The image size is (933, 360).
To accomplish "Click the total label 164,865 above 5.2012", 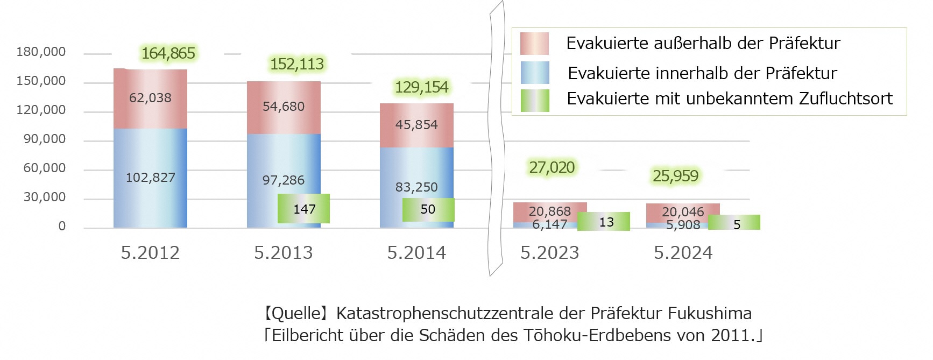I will (x=168, y=53).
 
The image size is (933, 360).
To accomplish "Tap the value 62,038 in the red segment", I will (x=150, y=98).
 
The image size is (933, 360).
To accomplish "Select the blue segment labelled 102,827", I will (x=150, y=178).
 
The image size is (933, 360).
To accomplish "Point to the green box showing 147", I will (x=304, y=209).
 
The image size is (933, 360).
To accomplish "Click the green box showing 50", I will (x=428, y=209).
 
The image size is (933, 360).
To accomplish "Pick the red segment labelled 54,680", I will (x=284, y=107).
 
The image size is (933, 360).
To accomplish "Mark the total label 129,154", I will (x=421, y=87).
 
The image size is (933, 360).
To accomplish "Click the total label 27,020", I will (x=552, y=168).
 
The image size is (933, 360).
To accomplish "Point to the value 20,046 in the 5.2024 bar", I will (x=682, y=212).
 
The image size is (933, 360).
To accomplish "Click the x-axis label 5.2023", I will (x=549, y=253).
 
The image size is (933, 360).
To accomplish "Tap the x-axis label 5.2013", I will (x=284, y=253).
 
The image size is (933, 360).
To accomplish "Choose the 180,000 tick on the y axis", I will (x=41, y=52).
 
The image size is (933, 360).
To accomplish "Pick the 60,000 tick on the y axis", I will (x=44, y=168).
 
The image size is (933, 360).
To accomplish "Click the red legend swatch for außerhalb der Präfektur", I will (x=534, y=44).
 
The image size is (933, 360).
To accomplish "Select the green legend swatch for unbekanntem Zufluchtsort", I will (x=535, y=100).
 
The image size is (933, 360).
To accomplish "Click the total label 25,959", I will (x=675, y=176).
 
